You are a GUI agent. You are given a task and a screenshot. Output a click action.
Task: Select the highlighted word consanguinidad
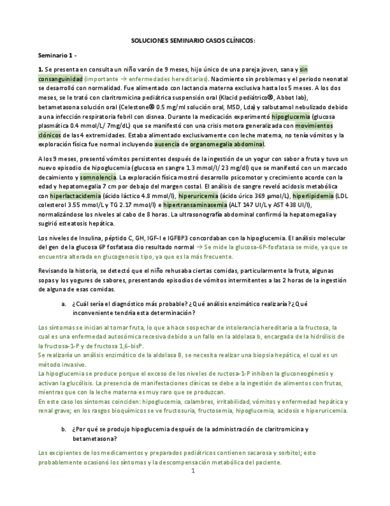(60, 79)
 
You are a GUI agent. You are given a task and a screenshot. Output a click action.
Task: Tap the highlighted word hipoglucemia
(289, 117)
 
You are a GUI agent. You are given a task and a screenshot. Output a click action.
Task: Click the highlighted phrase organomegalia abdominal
(227, 144)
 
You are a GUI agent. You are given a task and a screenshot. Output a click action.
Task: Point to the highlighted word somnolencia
(99, 177)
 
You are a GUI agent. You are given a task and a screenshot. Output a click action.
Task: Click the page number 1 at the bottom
(193, 471)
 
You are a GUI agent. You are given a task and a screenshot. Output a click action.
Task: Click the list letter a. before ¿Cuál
(64, 304)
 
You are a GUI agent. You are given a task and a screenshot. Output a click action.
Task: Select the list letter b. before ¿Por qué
(64, 429)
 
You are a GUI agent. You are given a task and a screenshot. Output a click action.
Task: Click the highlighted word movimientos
(314, 126)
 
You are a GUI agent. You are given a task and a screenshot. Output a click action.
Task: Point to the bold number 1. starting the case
(40, 70)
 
